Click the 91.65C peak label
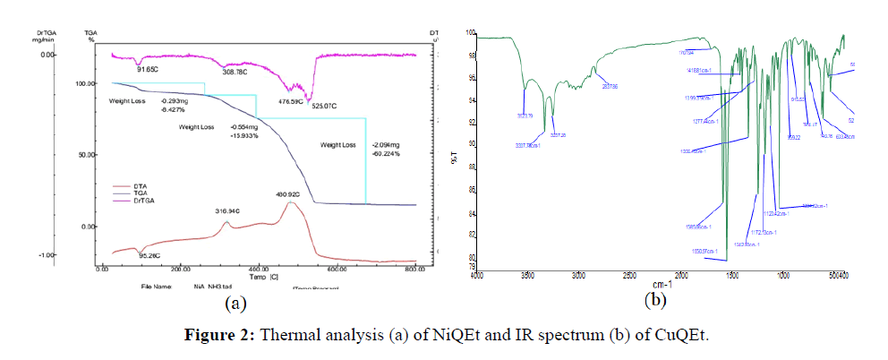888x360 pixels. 141,68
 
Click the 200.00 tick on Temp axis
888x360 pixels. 181,268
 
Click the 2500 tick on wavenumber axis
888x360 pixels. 629,274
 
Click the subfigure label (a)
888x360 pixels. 235,304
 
